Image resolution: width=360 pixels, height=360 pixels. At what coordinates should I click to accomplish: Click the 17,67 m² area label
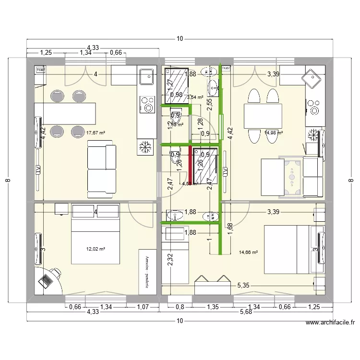pos(96,132)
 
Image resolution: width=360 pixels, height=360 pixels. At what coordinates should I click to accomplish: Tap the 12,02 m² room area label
pos(96,249)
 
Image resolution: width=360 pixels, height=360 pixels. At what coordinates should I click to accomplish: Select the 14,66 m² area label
pos(248,252)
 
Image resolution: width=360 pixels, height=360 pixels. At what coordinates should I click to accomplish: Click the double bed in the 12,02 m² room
pos(96,234)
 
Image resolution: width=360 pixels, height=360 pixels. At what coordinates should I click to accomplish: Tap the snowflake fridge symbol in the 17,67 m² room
pos(144,148)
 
